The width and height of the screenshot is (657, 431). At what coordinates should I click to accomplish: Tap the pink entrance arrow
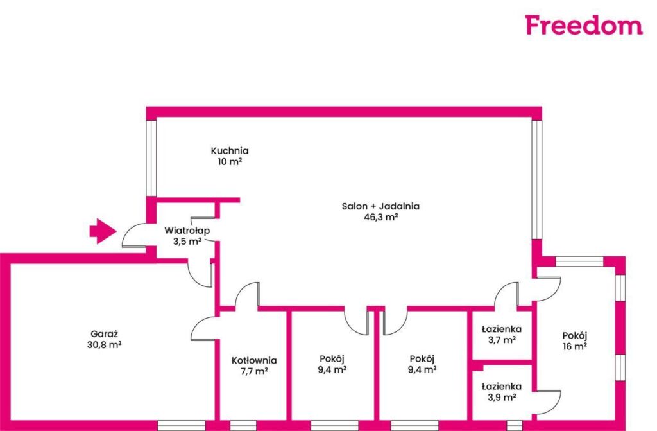tap(103, 231)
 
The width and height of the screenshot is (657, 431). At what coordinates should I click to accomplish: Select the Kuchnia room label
tap(230, 150)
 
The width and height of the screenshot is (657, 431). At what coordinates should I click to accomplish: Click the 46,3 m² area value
tap(380, 217)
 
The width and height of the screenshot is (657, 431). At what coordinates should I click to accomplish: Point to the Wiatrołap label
tap(187, 231)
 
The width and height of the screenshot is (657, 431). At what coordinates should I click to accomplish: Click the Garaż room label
tap(105, 334)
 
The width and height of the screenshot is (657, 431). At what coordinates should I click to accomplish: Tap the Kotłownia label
tap(254, 360)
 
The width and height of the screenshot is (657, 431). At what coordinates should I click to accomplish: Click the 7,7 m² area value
tap(254, 371)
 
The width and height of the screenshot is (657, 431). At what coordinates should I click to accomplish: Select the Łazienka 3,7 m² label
tap(502, 335)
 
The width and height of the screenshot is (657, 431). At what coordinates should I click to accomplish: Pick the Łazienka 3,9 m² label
tap(502, 392)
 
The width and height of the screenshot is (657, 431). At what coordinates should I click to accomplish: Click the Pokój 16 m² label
tap(574, 341)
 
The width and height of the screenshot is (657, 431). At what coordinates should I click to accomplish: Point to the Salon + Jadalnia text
tap(380, 206)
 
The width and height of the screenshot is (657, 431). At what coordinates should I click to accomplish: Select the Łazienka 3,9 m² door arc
tap(554, 403)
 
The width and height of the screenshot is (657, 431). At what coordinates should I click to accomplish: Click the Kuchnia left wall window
tap(151, 158)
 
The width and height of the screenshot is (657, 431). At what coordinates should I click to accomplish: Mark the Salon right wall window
tap(537, 180)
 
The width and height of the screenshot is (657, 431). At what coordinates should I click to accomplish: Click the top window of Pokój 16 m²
tap(579, 261)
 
